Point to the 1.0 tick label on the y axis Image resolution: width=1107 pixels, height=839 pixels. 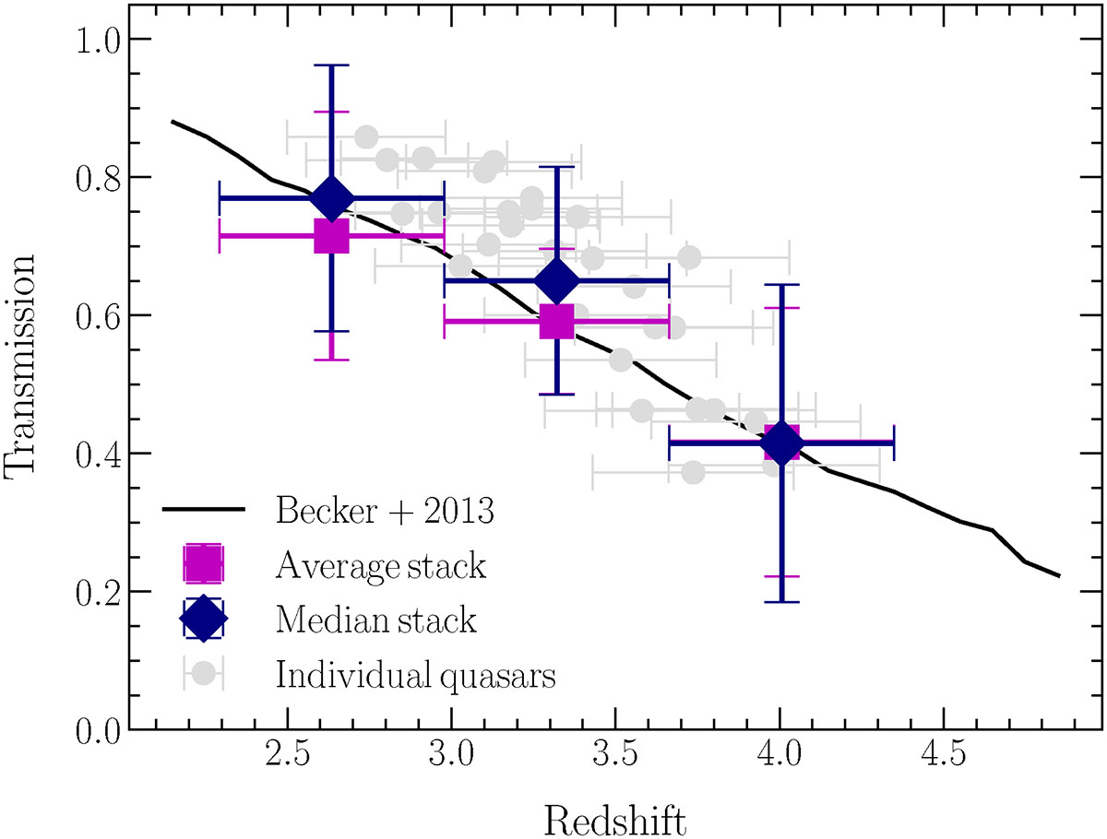coord(99,39)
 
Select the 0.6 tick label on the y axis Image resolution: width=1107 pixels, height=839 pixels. coord(99,315)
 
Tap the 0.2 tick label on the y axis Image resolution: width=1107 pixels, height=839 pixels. coord(99,592)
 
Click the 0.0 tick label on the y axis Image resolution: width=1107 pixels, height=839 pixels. coord(99,730)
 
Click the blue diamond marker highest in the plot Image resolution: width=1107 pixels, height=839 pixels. coord(331,198)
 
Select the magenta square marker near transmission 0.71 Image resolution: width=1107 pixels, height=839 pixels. coord(331,235)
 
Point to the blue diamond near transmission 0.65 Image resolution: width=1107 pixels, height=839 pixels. coord(556,281)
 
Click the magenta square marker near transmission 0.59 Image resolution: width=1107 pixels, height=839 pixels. coord(556,321)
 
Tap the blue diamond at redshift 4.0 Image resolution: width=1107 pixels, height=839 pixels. coord(781,443)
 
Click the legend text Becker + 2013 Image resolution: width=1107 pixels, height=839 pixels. coord(385,511)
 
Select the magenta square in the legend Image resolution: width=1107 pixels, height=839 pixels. coord(203,564)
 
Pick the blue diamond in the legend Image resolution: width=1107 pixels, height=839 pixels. coord(203,619)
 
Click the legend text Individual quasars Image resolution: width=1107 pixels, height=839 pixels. coord(415,674)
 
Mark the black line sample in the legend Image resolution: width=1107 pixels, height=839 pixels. coord(203,510)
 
